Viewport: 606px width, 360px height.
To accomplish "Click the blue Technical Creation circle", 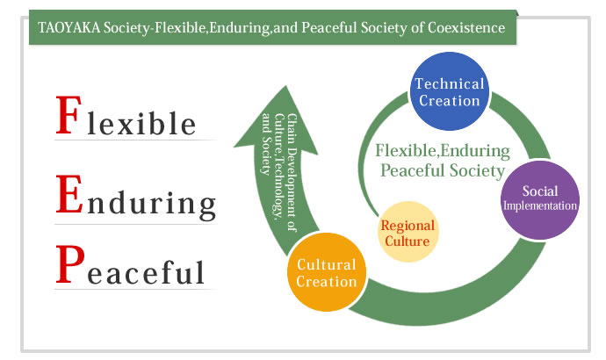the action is pyautogui.click(x=449, y=91).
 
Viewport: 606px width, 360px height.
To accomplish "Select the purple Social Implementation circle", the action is pyautogui.click(x=540, y=200).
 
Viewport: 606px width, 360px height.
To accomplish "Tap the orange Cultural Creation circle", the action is pyautogui.click(x=327, y=272).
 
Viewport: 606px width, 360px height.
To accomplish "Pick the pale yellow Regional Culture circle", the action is pyautogui.click(x=408, y=232).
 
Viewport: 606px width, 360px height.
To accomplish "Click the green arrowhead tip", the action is pyautogui.click(x=285, y=86).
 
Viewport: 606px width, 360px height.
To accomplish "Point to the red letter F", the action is pyautogui.click(x=69, y=115).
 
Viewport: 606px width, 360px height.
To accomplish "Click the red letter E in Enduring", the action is pyautogui.click(x=69, y=193).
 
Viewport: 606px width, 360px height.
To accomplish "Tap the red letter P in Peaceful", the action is pyautogui.click(x=70, y=263).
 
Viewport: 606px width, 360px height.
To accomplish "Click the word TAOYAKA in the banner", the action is pyautogui.click(x=69, y=28).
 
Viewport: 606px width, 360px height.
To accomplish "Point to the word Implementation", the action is pyautogui.click(x=540, y=205).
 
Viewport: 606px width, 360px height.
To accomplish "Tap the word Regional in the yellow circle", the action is pyautogui.click(x=408, y=225).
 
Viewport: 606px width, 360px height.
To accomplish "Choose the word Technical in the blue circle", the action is pyautogui.click(x=450, y=83).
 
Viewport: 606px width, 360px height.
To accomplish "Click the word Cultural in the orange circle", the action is pyautogui.click(x=327, y=264).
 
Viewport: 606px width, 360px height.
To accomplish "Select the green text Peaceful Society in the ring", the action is pyautogui.click(x=443, y=170).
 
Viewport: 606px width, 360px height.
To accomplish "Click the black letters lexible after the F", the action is pyautogui.click(x=141, y=123).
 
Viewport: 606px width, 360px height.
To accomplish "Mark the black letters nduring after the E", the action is pyautogui.click(x=151, y=203).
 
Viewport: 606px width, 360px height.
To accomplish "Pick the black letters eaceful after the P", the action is pyautogui.click(x=146, y=271).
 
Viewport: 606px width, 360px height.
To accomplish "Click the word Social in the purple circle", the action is pyautogui.click(x=540, y=191).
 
